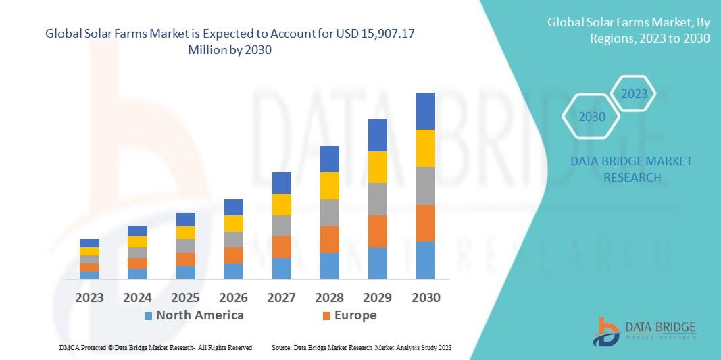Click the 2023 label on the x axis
point(89,298)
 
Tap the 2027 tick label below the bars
point(281,298)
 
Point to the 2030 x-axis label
point(425,298)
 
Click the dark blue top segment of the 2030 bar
point(425,111)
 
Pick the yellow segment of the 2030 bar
point(425,148)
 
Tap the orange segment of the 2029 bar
point(377,231)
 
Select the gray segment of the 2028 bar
point(329,212)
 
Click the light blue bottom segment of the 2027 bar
point(281,268)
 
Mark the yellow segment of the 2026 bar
point(233,224)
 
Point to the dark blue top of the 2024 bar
point(137,231)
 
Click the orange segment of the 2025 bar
point(185,259)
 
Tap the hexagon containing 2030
point(592,117)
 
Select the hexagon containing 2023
point(634,94)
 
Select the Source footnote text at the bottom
point(361,348)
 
